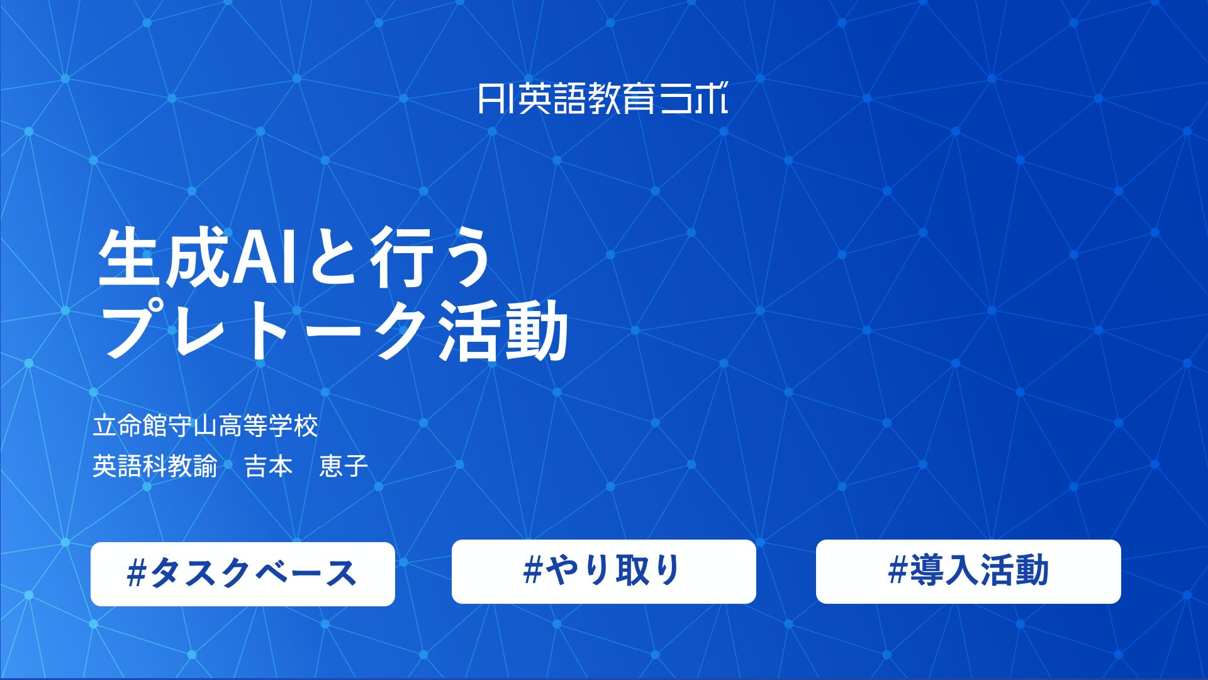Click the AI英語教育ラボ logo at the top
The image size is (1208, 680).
[x=603, y=99]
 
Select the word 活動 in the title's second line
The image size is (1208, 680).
[x=503, y=331]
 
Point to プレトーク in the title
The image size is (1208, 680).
[x=264, y=331]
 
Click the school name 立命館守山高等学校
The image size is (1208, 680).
[x=205, y=426]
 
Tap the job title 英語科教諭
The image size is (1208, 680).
[x=155, y=467]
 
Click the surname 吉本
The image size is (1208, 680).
[x=269, y=467]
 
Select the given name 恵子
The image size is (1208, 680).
[x=344, y=467]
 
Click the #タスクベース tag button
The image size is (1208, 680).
[x=243, y=574]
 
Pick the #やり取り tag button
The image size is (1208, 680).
[x=603, y=571]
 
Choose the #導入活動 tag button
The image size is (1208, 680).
[x=968, y=571]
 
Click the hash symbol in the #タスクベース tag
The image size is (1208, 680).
[x=137, y=574]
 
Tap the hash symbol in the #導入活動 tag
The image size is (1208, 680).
[x=898, y=570]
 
